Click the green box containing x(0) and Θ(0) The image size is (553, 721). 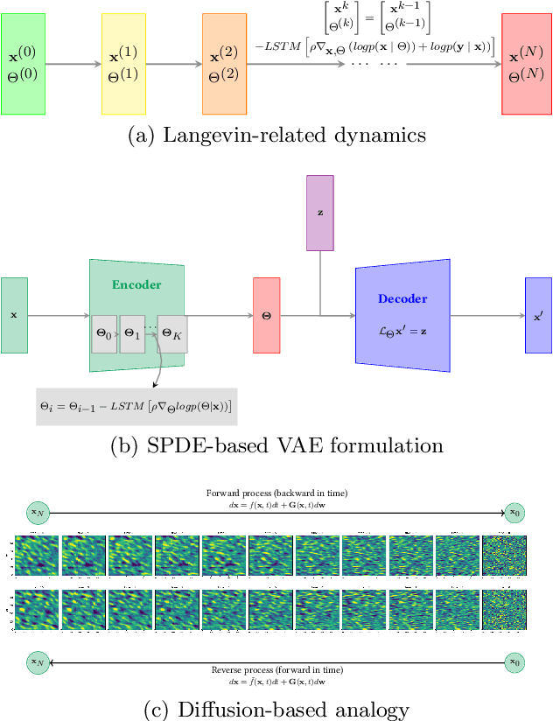coord(23,63)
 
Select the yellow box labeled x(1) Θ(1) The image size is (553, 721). coord(123,63)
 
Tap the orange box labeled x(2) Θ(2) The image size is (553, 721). coord(224,63)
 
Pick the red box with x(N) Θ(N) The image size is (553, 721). coord(527,63)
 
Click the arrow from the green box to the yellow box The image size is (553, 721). coord(73,64)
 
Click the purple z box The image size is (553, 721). coord(319,212)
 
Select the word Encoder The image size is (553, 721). coord(136,285)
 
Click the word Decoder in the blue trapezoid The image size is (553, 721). coord(402,298)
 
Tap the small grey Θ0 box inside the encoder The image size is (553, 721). coord(104,334)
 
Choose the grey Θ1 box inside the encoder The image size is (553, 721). coord(131,334)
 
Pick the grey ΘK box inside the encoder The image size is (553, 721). coord(171,334)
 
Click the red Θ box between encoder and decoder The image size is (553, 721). coord(266,315)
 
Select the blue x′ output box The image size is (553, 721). coord(538,315)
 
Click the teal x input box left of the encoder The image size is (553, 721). coord(14,315)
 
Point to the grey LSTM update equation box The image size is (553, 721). coord(138,405)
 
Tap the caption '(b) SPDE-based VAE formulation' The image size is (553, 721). coord(276,445)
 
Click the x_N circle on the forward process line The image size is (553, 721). coord(38,513)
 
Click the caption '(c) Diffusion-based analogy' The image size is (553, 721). coord(276,707)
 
